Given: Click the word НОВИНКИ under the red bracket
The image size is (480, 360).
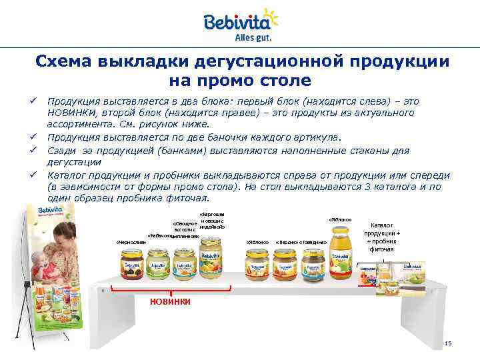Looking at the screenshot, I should pos(170,301).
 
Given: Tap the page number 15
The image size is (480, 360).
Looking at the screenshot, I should pos(447,343).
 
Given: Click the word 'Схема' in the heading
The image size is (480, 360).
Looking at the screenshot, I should pos(64,62).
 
